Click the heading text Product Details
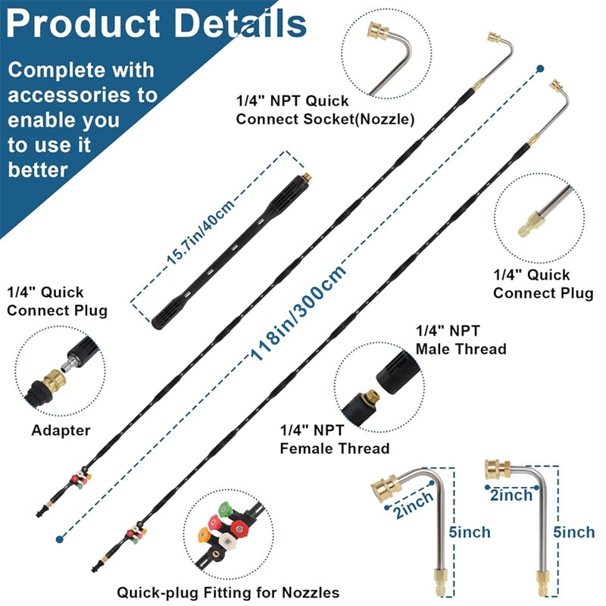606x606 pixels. tap(156, 24)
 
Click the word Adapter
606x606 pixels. tap(61, 430)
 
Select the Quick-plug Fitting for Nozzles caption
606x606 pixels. tap(228, 592)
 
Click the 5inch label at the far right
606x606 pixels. tap(574, 532)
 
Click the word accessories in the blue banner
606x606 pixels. tap(83, 95)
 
